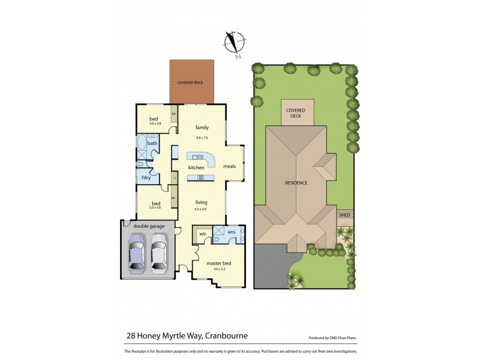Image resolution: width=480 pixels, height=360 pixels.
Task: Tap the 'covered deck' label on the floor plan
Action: point(189,82)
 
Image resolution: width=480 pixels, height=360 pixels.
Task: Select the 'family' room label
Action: point(202,128)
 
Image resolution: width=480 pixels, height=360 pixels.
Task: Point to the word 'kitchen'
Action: point(196,167)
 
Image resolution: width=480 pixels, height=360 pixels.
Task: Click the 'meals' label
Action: point(229,166)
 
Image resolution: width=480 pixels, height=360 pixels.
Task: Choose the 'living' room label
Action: point(200,203)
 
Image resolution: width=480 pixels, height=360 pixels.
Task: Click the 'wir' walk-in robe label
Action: point(202,233)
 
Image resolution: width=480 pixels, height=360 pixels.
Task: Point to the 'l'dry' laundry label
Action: point(146,178)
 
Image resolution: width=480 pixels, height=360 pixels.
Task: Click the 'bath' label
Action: point(152,143)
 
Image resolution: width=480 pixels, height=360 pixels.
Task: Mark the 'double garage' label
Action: point(148,226)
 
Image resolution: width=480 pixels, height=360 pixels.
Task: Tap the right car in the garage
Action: point(159,253)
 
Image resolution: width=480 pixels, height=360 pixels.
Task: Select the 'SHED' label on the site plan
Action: point(344,214)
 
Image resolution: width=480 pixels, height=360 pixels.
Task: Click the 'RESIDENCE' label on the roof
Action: point(296,182)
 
